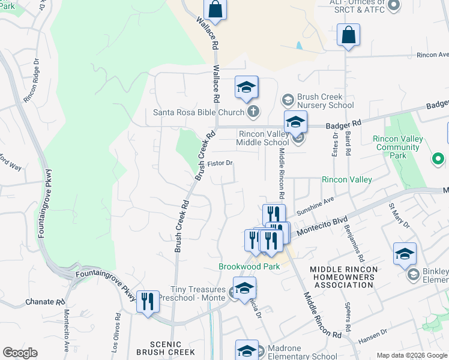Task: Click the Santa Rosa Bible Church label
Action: click(198, 112)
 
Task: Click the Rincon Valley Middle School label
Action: click(264, 138)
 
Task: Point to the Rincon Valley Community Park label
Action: click(398, 147)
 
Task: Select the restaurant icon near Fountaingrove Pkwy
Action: click(148, 302)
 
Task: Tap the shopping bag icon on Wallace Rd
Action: click(215, 10)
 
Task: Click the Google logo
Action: click(20, 353)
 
